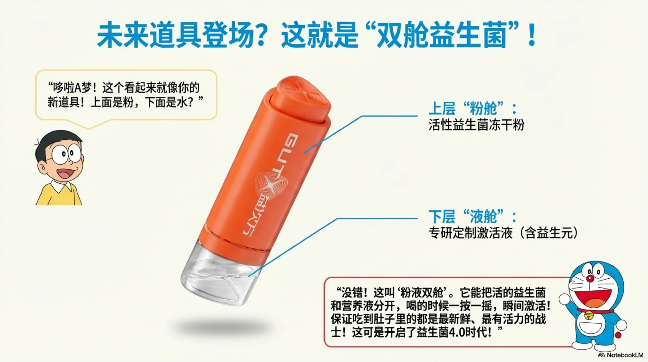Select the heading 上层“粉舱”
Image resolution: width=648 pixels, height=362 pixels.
click(x=472, y=109)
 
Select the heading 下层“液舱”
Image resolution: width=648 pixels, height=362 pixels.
click(x=472, y=217)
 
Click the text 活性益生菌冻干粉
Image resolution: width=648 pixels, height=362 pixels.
click(x=476, y=125)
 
